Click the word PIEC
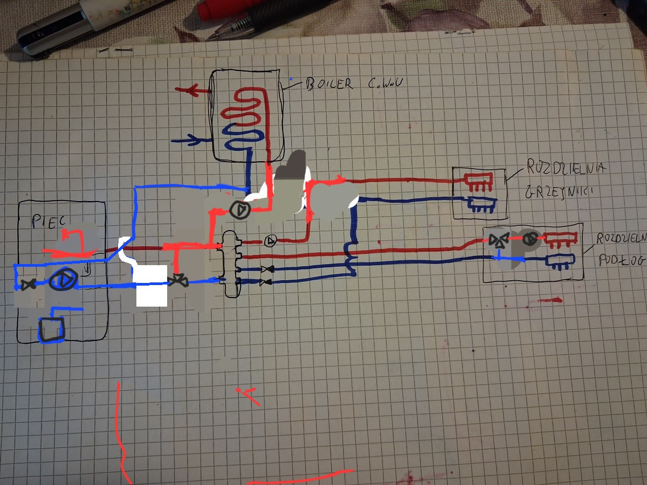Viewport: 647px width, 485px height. (47, 221)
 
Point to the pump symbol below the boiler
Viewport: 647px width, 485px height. (239, 209)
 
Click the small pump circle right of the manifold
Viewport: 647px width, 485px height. (271, 240)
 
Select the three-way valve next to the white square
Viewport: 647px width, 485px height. (176, 280)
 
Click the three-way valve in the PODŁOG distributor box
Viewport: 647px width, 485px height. (499, 240)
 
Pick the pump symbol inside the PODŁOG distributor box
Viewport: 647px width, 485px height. (531, 239)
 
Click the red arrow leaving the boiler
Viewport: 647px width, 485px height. (187, 91)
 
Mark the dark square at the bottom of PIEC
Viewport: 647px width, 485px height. (51, 329)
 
